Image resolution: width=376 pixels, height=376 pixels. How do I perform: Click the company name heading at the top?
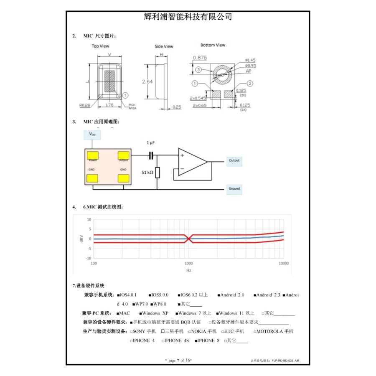pyautogui.click(x=188, y=17)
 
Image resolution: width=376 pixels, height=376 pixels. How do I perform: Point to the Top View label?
pyautogui.click(x=100, y=46)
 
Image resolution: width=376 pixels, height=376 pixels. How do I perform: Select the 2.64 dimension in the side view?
pyautogui.click(x=147, y=82)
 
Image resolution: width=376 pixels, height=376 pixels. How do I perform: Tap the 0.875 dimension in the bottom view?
pyautogui.click(x=200, y=58)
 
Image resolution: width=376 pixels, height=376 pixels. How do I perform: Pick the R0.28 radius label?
pyautogui.click(x=85, y=105)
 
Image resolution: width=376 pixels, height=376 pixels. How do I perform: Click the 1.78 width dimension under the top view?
pyautogui.click(x=109, y=105)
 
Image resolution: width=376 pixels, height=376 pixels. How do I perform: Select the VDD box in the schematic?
pyautogui.click(x=92, y=135)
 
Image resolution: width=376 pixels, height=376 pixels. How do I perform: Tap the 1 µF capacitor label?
pyautogui.click(x=151, y=143)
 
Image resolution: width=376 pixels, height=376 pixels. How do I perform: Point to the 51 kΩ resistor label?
pyautogui.click(x=147, y=172)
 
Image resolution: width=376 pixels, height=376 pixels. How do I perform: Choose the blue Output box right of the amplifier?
pyautogui.click(x=234, y=160)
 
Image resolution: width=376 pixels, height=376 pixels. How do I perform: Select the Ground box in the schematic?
pyautogui.click(x=234, y=189)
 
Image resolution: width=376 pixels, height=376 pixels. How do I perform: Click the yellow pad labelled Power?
pyautogui.click(x=92, y=156)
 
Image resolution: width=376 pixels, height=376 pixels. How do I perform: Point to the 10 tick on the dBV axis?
pyautogui.click(x=89, y=219)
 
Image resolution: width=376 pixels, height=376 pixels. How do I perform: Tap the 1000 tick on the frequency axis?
pyautogui.click(x=189, y=264)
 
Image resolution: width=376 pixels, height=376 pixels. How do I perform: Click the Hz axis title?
pyautogui.click(x=189, y=271)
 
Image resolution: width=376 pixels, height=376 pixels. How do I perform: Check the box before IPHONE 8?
pyautogui.click(x=196, y=341)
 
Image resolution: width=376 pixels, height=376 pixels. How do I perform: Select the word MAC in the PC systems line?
pyautogui.click(x=124, y=313)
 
